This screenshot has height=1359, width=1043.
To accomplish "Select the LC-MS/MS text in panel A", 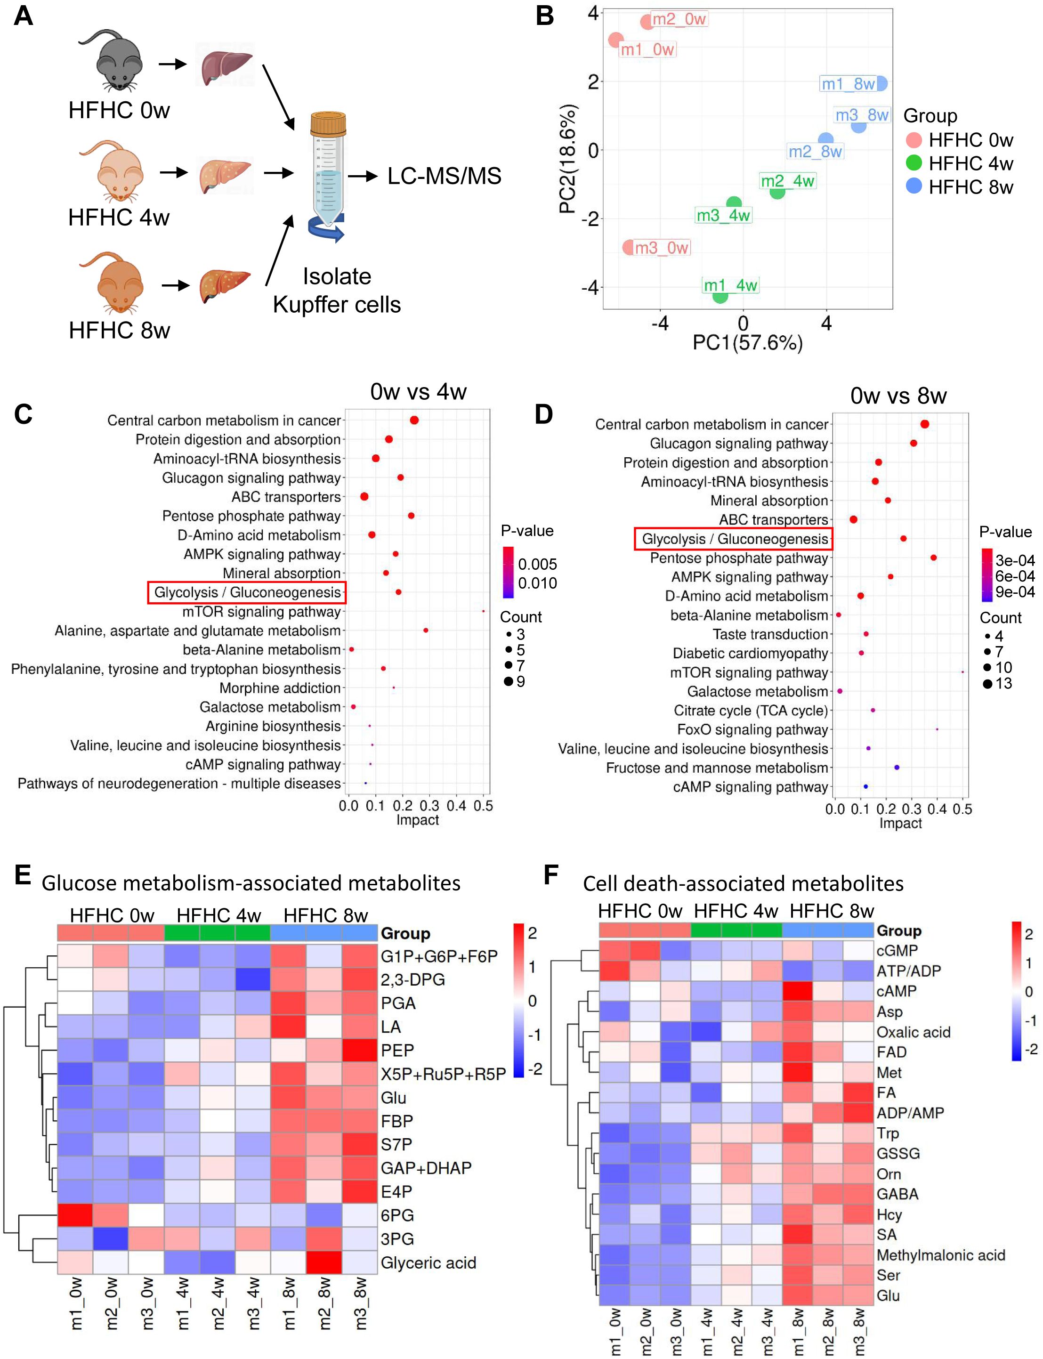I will click(444, 176).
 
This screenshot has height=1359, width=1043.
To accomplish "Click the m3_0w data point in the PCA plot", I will click(629, 247).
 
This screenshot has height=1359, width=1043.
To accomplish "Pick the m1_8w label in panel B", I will click(848, 84).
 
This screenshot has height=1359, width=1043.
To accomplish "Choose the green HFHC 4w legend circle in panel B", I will click(914, 163).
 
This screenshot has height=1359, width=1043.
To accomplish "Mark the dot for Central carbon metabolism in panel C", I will click(414, 421).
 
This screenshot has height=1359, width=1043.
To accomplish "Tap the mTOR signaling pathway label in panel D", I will click(749, 672).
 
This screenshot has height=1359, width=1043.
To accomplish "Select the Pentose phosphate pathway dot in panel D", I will click(934, 558).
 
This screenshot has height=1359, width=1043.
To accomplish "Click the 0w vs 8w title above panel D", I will click(898, 396).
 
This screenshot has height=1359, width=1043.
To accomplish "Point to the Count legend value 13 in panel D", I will click(1004, 684).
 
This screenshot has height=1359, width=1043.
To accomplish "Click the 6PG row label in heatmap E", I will click(397, 1215).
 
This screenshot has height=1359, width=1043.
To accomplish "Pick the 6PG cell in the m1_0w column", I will click(75, 1215).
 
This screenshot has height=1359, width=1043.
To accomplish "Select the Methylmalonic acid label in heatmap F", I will click(940, 1255).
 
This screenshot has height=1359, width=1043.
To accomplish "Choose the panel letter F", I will click(550, 875).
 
